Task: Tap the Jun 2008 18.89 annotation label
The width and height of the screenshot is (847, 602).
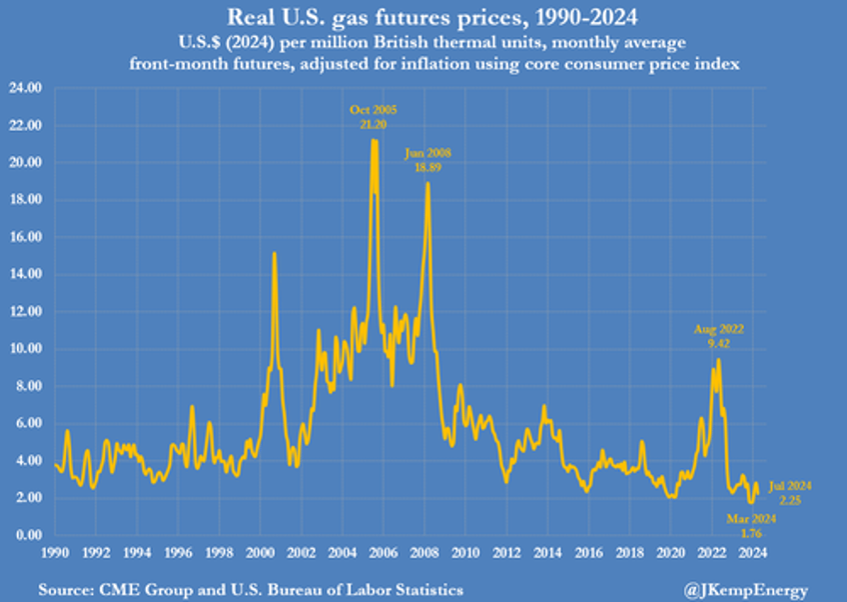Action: (x=428, y=161)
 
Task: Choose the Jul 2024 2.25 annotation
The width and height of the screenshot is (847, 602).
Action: (x=791, y=491)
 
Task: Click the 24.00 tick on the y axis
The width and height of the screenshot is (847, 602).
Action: (x=27, y=88)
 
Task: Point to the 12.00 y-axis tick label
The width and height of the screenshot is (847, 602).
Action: (x=27, y=312)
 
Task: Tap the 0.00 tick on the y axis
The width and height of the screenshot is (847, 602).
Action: (x=29, y=535)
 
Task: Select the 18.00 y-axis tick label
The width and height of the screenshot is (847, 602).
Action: (x=27, y=200)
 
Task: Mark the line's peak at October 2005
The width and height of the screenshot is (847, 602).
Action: (x=374, y=140)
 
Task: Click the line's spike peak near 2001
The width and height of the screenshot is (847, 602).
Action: (x=275, y=253)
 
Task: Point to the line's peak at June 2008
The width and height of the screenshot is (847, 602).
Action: (x=427, y=183)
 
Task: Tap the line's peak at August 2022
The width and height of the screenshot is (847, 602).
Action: (x=718, y=359)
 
